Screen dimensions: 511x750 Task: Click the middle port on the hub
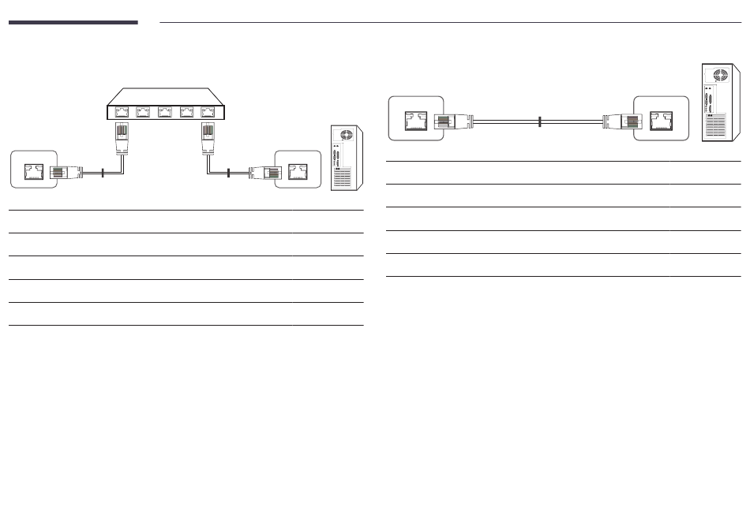[165, 111]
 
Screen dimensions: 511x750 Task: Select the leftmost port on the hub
[122, 111]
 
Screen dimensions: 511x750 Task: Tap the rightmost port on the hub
[208, 111]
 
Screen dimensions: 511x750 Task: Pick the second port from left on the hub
[143, 111]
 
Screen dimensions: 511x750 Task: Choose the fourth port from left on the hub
[187, 111]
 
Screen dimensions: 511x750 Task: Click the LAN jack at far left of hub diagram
[33, 171]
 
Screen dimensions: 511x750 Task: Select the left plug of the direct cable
[453, 121]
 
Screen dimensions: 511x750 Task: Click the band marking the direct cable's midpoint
[538, 121]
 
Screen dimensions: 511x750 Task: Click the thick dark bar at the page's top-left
[73, 23]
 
